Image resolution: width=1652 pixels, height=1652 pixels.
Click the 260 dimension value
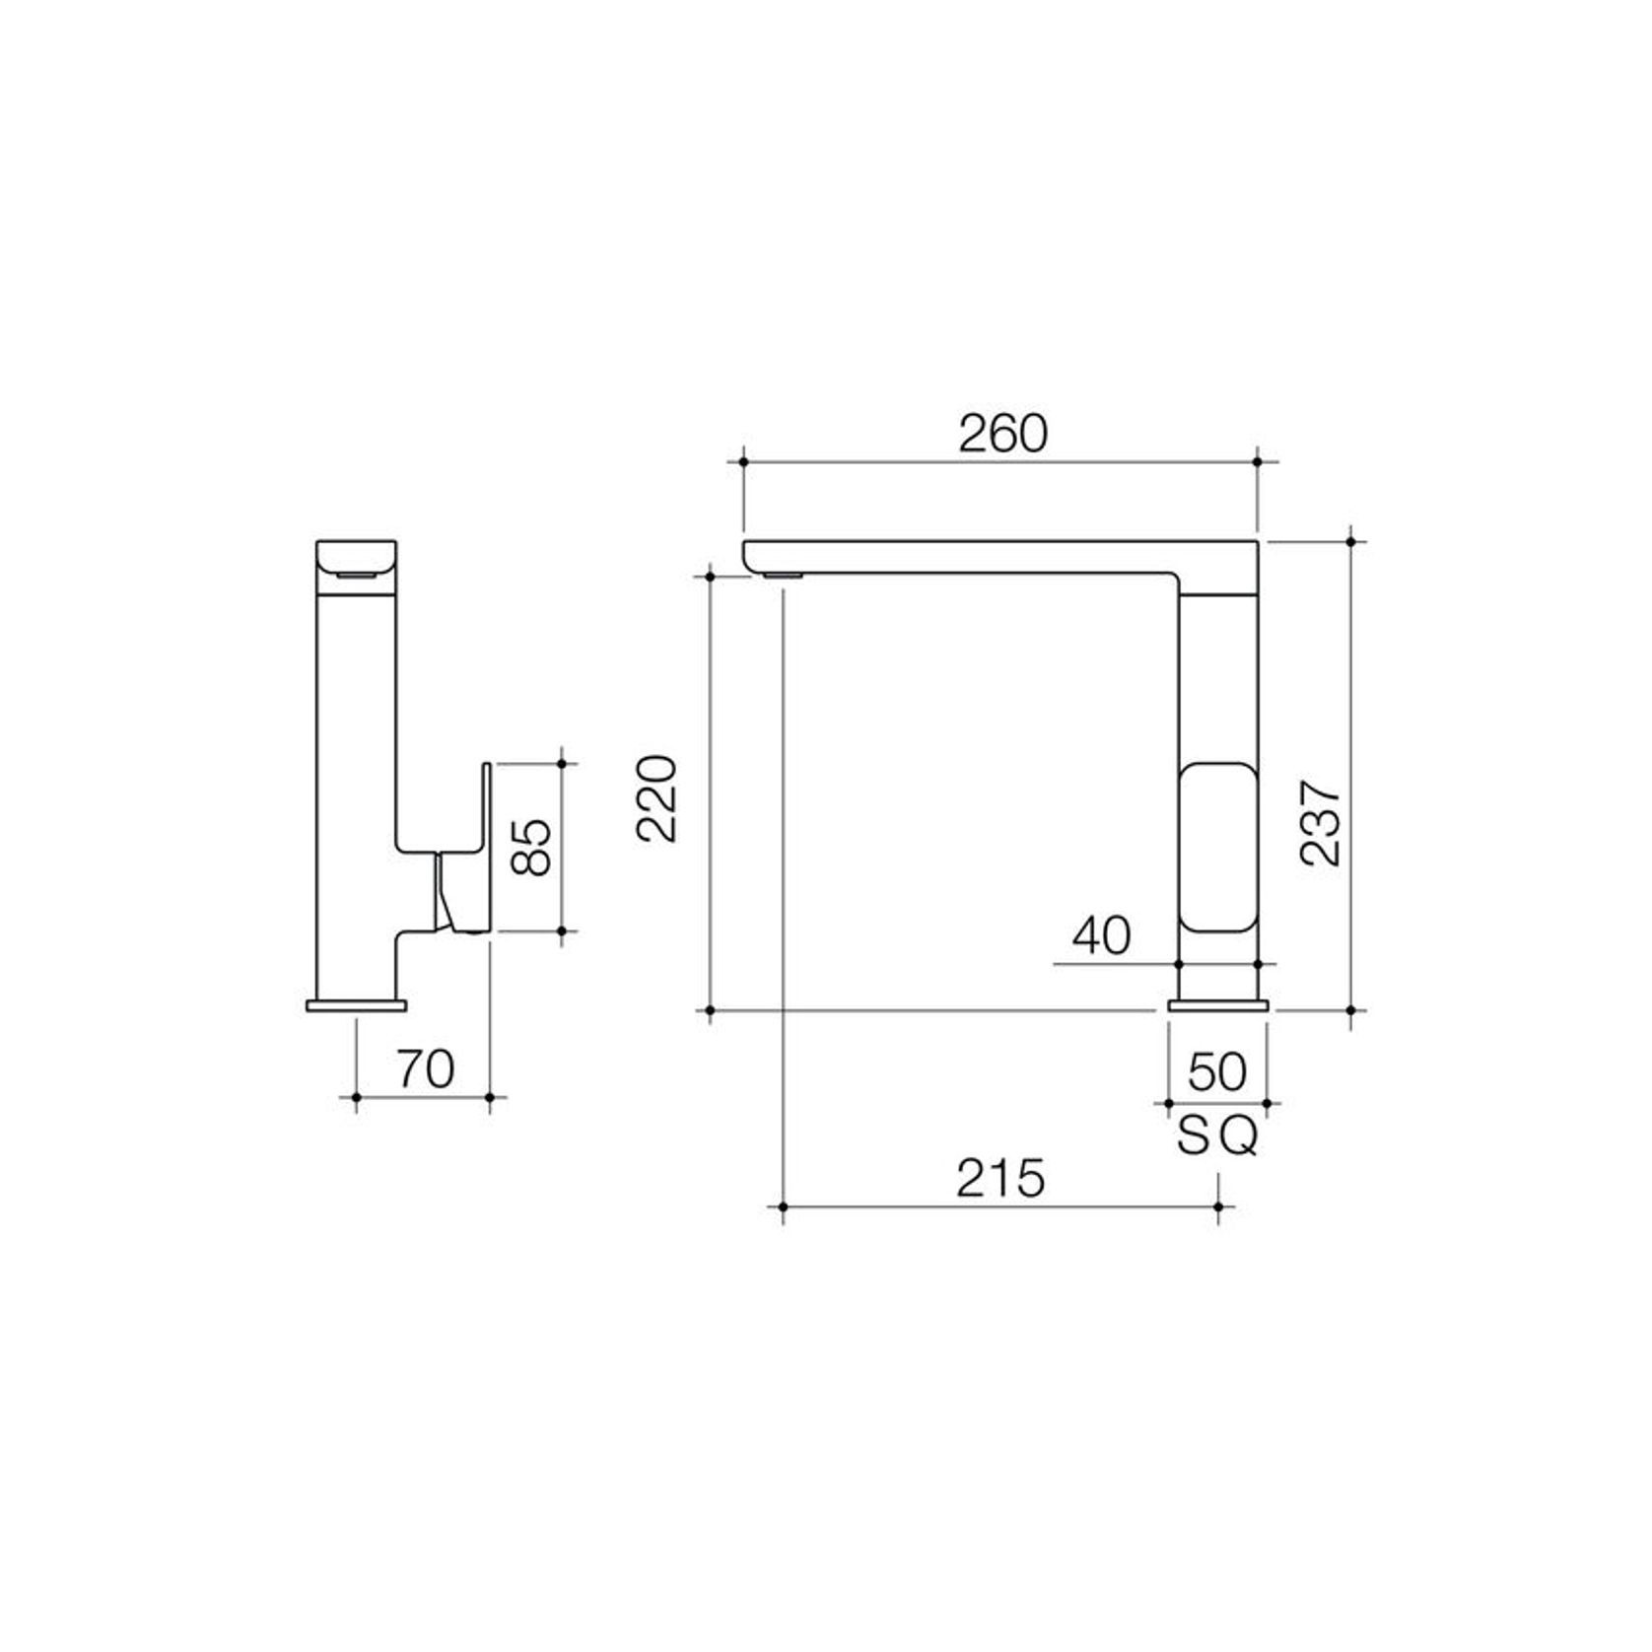pos(1002,435)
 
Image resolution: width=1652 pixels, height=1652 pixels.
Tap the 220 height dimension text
pos(656,797)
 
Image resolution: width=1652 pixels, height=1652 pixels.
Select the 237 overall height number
pos(1319,823)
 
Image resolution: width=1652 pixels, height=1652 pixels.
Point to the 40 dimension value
pos(1101,935)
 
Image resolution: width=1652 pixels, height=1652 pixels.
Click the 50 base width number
pos(1217,1072)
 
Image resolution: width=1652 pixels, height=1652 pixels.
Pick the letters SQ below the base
pos(1217,1138)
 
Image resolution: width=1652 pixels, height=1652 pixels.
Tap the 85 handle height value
pos(532,846)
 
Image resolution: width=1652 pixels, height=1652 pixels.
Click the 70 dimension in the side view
pos(425,1068)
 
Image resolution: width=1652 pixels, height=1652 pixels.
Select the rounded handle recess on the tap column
pos(1219,847)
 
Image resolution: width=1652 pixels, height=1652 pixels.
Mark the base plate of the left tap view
pos(356,1005)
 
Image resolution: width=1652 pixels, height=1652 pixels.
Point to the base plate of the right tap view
pos(1218,1005)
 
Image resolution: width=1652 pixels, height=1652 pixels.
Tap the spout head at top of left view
pos(356,564)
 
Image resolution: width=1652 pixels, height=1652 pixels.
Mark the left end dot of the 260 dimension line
pos(743,460)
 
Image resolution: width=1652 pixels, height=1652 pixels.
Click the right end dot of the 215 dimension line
pos(1219,1206)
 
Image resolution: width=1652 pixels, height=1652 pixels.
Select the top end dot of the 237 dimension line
pos(1350,540)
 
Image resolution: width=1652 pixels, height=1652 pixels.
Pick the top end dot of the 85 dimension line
pos(562,763)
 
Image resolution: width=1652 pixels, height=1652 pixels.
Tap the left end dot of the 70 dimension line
pos(356,1096)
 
